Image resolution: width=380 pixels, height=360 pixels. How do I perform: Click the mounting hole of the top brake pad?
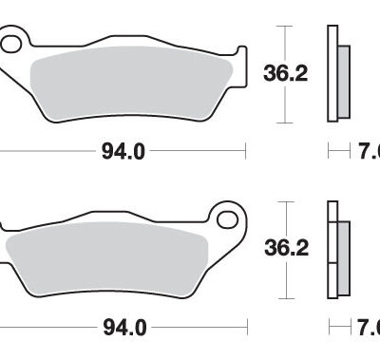pyautogui.click(x=10, y=44)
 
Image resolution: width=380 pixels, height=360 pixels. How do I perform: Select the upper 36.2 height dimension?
pyautogui.click(x=282, y=70)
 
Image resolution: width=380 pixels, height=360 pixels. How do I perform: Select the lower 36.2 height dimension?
pyautogui.click(x=282, y=248)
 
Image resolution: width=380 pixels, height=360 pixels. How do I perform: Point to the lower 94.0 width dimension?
pyautogui.click(x=123, y=329)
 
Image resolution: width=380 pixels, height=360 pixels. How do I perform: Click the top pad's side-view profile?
pyautogui.click(x=332, y=71)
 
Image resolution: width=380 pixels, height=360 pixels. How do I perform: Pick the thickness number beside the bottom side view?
pyautogui.click(x=370, y=329)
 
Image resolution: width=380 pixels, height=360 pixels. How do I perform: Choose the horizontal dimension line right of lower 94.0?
pyautogui.click(x=199, y=329)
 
